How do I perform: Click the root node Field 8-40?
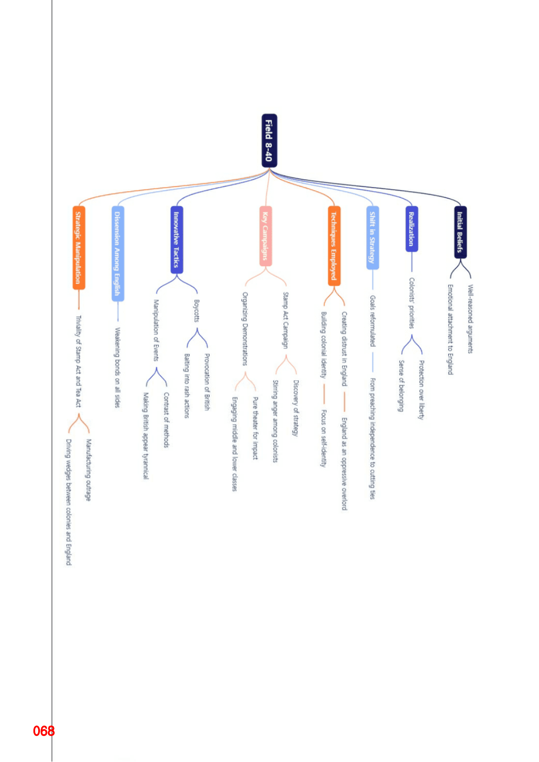coord(269,141)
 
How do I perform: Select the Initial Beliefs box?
coord(460,232)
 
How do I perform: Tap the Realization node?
coord(412,229)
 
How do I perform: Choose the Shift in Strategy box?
coord(373,238)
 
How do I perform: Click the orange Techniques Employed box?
coord(334,246)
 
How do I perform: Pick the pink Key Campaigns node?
coord(265,236)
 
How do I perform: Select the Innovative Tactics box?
coord(177,240)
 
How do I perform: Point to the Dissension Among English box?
coord(118,254)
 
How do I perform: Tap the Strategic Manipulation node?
coord(79,247)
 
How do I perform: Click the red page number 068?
coord(44,731)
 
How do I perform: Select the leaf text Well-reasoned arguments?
coord(470,319)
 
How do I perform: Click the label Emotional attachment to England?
coord(450,330)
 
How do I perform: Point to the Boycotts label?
coord(197,310)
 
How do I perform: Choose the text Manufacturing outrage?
coord(89,470)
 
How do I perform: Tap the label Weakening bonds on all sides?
coord(117,368)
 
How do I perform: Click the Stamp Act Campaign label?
coord(285,320)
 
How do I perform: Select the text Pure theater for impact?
coord(255,428)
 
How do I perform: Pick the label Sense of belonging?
coord(401,386)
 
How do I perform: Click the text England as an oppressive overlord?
coord(344,464)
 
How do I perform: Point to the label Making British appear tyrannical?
coord(146,436)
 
